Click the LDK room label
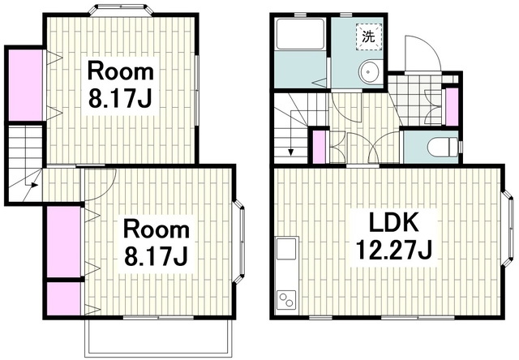click(393, 222)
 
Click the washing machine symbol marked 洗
click(369, 36)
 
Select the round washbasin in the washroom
click(369, 71)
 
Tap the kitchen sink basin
click(286, 248)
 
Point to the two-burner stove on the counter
click(286, 300)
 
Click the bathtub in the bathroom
click(301, 34)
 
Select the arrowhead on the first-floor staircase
click(290, 152)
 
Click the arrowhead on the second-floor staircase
click(34, 186)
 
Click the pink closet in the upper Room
click(25, 85)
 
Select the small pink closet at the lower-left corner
click(63, 299)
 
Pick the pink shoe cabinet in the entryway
click(453, 106)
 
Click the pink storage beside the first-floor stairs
click(319, 147)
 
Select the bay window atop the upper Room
click(121, 10)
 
